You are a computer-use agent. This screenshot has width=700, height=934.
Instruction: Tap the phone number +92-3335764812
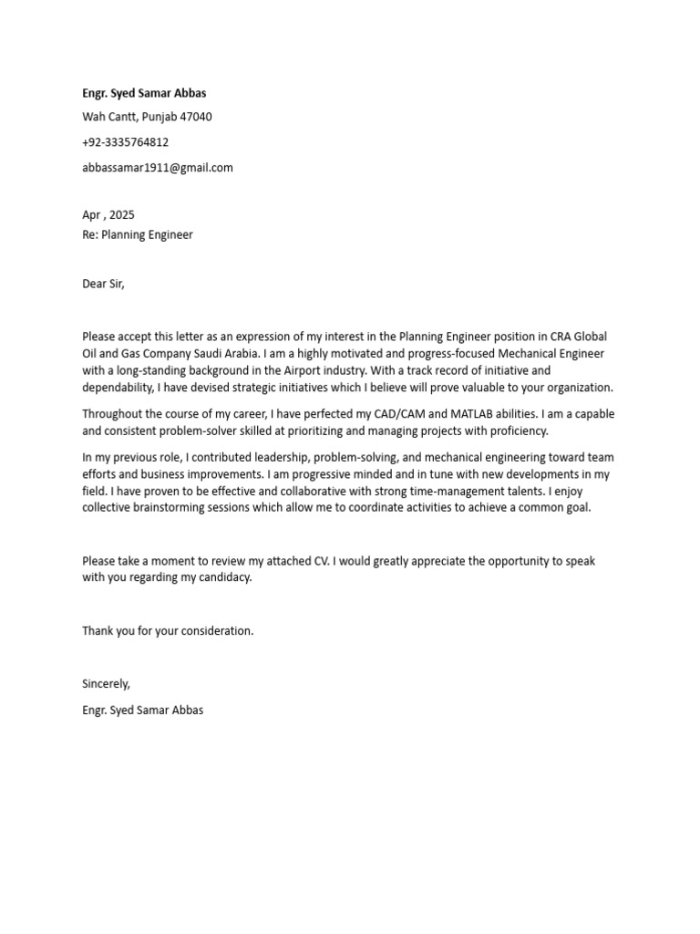tap(126, 142)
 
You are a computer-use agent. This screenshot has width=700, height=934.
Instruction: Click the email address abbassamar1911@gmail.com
tap(158, 168)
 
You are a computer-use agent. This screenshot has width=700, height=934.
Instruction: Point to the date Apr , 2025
tap(108, 215)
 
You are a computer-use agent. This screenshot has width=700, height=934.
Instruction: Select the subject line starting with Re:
tap(138, 234)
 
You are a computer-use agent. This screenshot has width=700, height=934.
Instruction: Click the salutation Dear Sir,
tap(103, 284)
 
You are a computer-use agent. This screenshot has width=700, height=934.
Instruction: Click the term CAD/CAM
tap(395, 413)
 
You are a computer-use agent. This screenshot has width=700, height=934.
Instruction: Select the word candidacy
tap(220, 578)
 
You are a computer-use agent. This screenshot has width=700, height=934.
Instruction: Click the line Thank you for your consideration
tap(169, 630)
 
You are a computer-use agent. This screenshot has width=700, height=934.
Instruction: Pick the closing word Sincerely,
tap(107, 683)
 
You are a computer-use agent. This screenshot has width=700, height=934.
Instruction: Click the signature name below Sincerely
tap(143, 710)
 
